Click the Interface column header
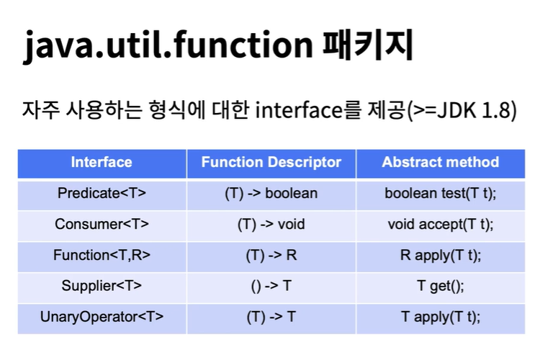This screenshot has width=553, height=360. point(102,162)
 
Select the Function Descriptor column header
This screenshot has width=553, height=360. point(271,162)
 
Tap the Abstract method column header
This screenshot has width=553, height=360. point(441,162)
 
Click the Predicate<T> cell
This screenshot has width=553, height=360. point(102,193)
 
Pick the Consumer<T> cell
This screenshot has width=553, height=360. point(102,224)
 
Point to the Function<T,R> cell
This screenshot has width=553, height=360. point(102,255)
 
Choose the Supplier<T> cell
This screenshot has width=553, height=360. point(102,286)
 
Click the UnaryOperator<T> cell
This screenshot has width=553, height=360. point(102,317)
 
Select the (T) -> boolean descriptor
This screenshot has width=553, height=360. point(271,193)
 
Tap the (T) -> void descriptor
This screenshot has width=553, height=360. point(271,224)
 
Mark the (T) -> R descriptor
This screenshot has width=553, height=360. point(271,255)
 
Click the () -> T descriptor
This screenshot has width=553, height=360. point(271,286)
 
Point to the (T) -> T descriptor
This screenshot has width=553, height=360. point(271,317)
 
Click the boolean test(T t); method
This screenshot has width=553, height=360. point(441,193)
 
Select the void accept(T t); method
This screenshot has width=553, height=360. point(441,224)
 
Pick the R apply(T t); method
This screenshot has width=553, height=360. point(441,255)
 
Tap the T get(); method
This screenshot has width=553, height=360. point(441,286)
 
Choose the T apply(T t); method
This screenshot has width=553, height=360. point(441,317)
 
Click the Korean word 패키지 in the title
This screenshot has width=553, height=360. point(368,45)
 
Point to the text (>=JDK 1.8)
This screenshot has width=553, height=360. point(462,110)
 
